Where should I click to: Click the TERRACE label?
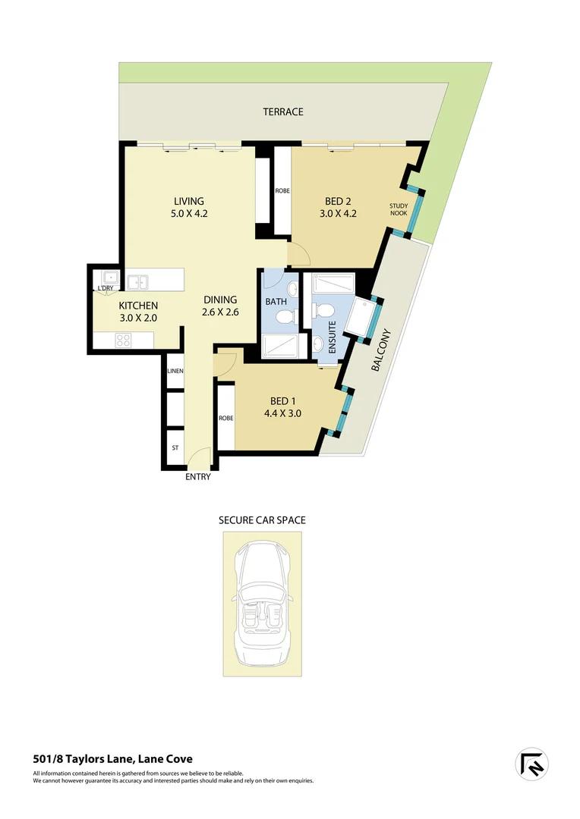click(x=283, y=111)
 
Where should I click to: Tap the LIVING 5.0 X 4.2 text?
click(x=190, y=207)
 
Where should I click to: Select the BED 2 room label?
click(x=339, y=207)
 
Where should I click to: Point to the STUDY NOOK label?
click(x=399, y=209)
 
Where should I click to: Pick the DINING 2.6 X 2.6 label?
click(x=220, y=305)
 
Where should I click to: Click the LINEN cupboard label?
click(x=175, y=370)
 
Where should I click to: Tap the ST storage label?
click(x=175, y=448)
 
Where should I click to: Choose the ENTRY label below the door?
click(x=197, y=477)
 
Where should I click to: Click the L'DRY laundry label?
click(x=105, y=288)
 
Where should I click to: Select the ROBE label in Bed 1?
click(x=225, y=418)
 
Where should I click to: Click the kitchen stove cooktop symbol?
click(x=124, y=340)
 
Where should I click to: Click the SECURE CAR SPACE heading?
click(x=262, y=520)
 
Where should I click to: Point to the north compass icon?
click(x=532, y=764)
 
